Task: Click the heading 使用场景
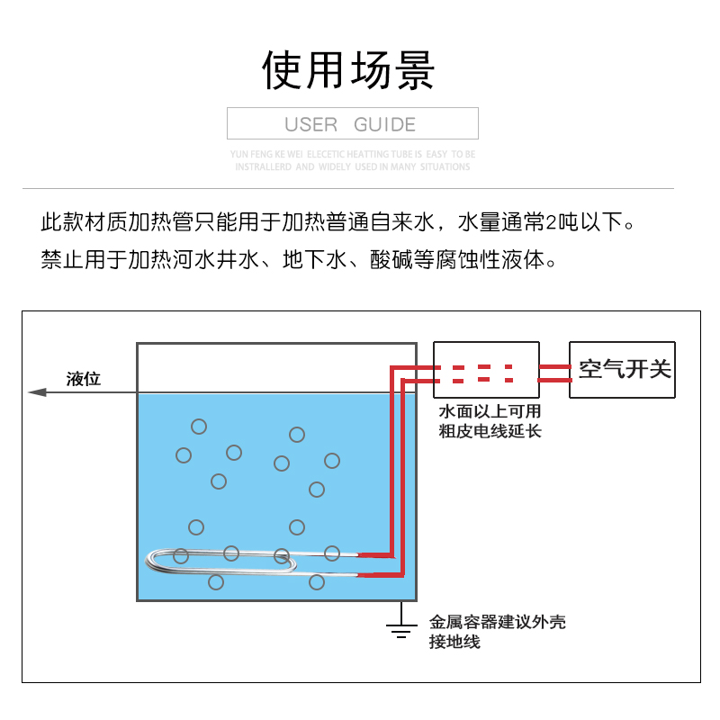coord(349,70)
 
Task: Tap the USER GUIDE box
coord(352,124)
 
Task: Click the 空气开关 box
coord(622,369)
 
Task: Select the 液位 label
coord(84,379)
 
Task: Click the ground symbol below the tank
coord(400,627)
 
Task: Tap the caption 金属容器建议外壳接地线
coord(497,632)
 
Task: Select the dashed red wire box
coord(486,370)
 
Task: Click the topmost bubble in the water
coord(199,427)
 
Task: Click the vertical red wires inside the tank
coord(393,463)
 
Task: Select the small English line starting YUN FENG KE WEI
coord(352,154)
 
